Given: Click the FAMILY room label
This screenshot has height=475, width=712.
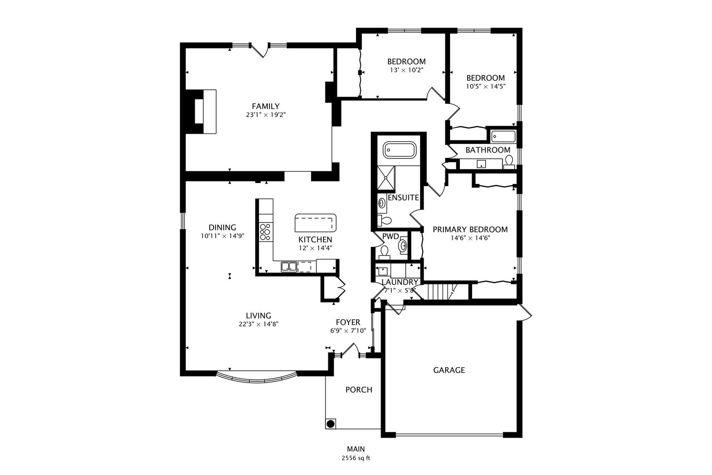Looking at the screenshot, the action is pos(266,106).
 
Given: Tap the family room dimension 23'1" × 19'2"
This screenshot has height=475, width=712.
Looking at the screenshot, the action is pos(266,115).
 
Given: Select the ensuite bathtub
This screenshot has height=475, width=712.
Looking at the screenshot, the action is pos(399,150).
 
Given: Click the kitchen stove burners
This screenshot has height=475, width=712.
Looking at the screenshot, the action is pos(265,232).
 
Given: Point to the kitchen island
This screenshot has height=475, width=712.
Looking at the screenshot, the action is pos(315,223).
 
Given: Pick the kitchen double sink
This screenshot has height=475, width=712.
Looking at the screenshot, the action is pos(289,267).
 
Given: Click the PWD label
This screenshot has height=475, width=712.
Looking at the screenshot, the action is pos(390,236).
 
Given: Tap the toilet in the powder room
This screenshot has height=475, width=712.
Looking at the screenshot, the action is pos(385,251).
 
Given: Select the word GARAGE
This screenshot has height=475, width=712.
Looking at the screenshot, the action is pos(449,370).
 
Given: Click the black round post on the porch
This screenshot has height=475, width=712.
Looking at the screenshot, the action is pos(331,424).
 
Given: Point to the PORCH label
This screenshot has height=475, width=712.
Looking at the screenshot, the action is pos(359,390).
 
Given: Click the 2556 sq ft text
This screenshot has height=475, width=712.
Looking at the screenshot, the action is pos(356,458).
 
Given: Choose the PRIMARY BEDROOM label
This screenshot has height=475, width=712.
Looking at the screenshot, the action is pos(470,230).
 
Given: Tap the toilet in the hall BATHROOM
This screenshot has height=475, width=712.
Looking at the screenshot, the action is pos(509,162).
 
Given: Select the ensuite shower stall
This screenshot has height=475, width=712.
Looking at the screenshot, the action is pos(386,178).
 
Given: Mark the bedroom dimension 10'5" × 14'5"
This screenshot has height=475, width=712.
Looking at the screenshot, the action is pos(486,86).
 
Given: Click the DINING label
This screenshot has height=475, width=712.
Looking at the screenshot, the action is pos(222,227).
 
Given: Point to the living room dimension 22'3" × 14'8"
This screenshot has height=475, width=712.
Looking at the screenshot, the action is pos(258,324).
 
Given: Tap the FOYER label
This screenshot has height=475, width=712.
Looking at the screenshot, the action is pos(348,322).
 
